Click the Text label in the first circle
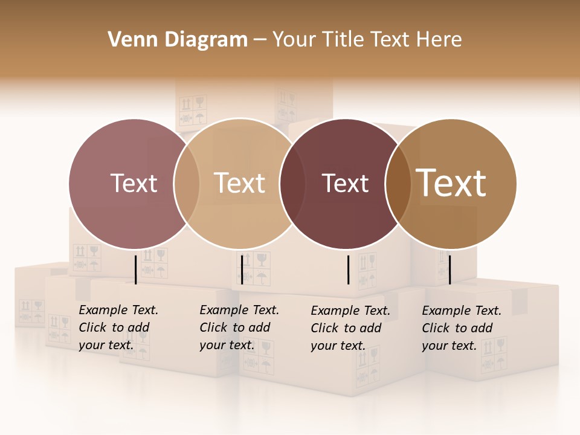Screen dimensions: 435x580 point(134,183)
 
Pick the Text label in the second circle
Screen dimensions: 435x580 point(240,183)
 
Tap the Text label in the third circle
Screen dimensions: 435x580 point(346,183)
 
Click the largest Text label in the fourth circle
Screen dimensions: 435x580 point(451,183)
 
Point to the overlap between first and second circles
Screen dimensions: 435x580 point(187,183)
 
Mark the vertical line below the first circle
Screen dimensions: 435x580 point(135,269)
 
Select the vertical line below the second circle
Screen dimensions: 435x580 point(242,269)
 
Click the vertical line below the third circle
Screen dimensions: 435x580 point(348,269)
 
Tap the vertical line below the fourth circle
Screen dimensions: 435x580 point(449,269)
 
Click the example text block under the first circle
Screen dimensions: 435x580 point(118,327)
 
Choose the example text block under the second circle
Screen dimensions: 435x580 point(239,327)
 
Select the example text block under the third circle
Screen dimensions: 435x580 point(350,328)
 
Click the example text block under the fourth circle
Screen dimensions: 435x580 point(461,328)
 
